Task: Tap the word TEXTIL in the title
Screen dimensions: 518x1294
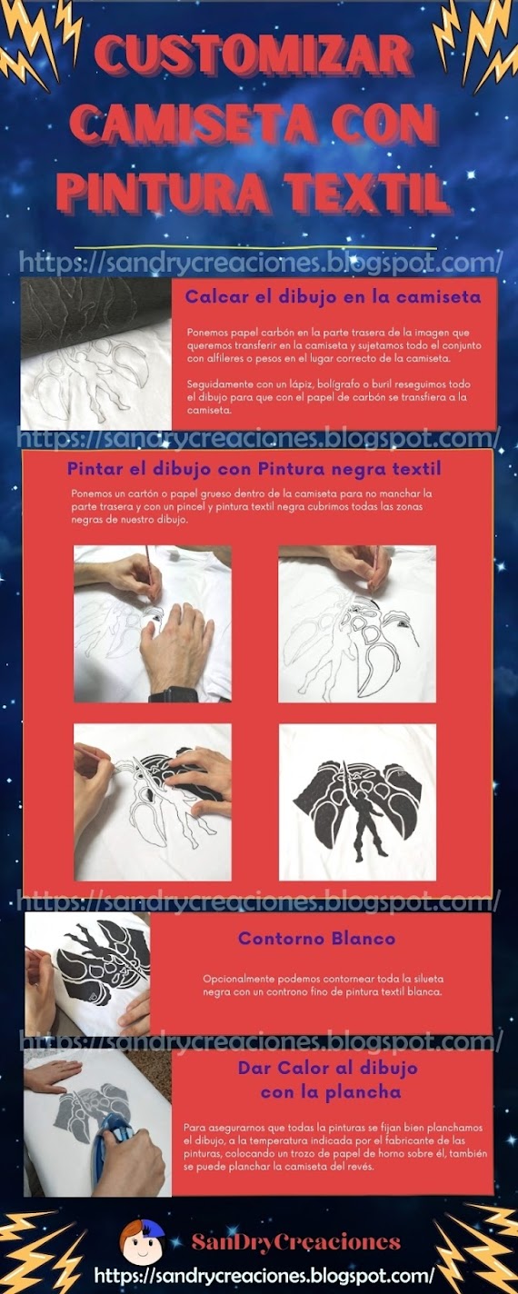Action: coord(364,194)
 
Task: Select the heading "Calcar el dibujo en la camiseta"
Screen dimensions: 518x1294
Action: coord(333,297)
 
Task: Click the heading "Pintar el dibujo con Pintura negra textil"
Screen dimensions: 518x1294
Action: coord(254,469)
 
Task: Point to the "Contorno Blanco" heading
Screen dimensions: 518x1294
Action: coord(316,938)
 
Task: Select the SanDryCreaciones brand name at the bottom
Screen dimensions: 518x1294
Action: coord(295,1242)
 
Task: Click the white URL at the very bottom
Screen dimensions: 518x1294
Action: coord(264,1274)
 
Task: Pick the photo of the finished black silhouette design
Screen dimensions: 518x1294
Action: coord(357,802)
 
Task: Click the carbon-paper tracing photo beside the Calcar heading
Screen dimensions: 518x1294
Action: coord(96,353)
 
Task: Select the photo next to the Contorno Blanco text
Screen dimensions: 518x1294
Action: coord(87,974)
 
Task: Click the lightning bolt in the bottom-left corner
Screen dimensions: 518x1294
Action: coord(35,1248)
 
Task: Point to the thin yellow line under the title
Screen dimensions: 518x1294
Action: coord(256,248)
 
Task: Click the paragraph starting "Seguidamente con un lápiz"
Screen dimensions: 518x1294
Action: coord(329,397)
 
